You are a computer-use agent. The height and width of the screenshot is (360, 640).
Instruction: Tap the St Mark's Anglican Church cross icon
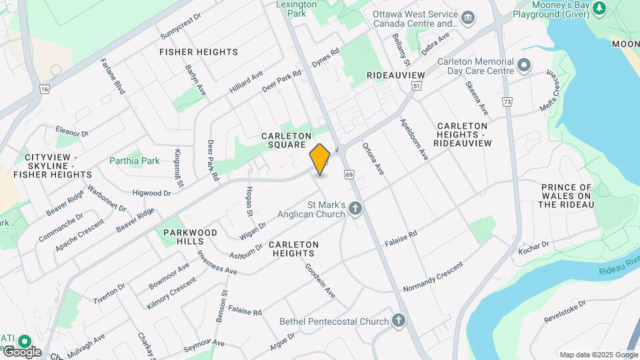356,209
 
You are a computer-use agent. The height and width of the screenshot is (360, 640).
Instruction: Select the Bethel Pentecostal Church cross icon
399,321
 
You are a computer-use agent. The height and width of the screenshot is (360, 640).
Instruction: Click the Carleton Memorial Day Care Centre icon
524,66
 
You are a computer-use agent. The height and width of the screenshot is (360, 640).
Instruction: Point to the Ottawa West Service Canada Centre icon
468,16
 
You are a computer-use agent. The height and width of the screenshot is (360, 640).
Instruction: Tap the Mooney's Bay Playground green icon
599,8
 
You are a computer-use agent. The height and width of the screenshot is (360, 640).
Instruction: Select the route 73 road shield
508,102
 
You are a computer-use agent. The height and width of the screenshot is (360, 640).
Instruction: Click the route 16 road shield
45,89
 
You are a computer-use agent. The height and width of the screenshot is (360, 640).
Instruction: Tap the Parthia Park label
135,161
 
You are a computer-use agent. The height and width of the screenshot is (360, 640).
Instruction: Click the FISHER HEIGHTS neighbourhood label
199,52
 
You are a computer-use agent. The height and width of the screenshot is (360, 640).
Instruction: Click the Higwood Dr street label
152,193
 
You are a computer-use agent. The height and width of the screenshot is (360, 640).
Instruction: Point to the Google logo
21,352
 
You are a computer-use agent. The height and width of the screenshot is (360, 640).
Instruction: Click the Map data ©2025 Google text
598,355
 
